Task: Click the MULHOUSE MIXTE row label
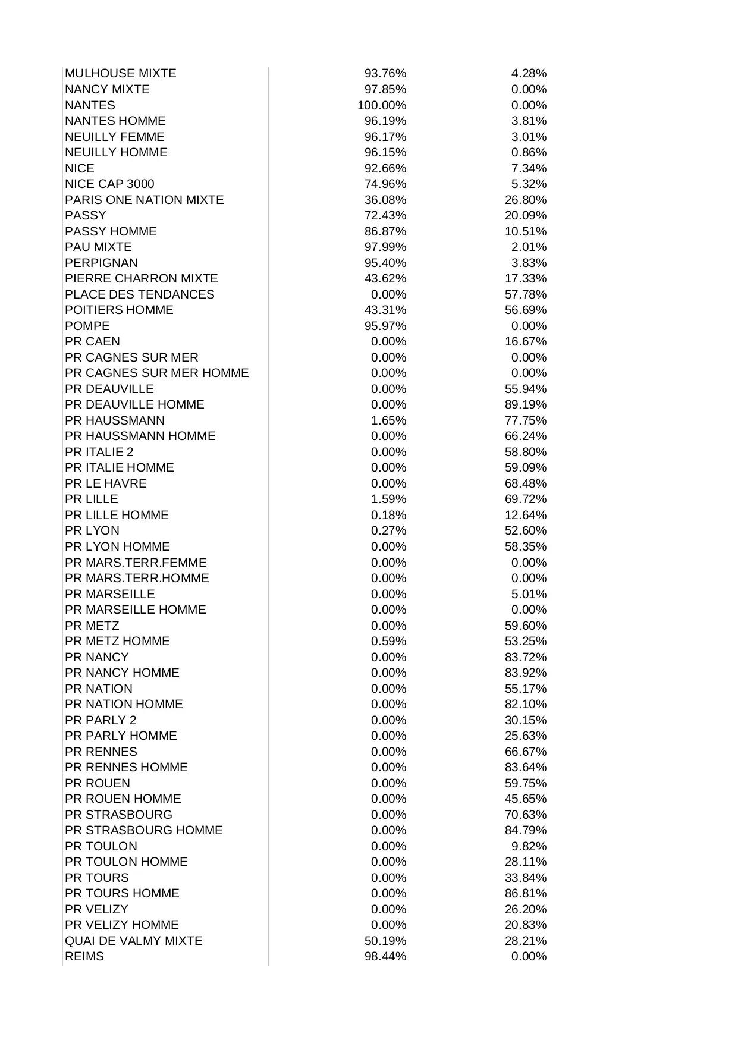point(121,74)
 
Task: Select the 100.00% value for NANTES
point(382,105)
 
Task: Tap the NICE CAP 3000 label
point(109,184)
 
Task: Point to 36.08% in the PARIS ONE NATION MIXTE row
point(385,200)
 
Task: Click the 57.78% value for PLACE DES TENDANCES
point(526,294)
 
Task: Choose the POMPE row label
point(87,326)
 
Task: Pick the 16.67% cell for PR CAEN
point(526,341)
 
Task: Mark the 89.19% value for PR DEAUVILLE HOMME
point(526,404)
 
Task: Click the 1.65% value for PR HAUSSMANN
point(389,420)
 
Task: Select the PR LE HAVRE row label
point(106,483)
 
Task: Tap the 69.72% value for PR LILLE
point(526,499)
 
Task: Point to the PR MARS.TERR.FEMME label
point(136,563)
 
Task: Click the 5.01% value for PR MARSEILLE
point(529,594)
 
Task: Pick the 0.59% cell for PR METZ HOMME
point(389,641)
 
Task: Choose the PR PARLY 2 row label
point(101,720)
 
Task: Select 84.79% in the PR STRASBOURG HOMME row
point(526,830)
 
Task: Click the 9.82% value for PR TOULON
point(529,846)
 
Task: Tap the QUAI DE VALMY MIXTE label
point(134,941)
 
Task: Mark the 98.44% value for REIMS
point(385,956)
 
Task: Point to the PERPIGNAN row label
point(102,263)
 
